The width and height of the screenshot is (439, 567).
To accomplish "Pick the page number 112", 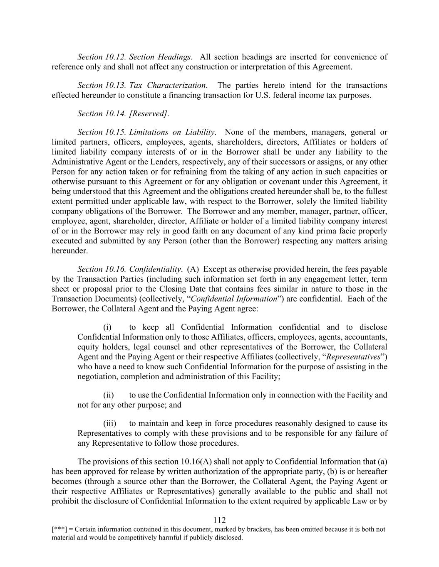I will tap(219, 520).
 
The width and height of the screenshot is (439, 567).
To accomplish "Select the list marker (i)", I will tap(107, 327).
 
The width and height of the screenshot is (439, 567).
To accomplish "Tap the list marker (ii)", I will tap(108, 395).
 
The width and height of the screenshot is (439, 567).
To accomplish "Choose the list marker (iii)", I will tap(109, 423).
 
